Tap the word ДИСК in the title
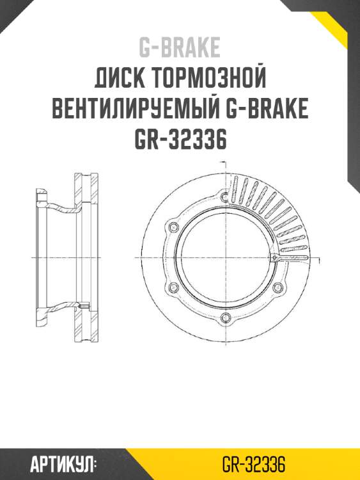click(x=118, y=79)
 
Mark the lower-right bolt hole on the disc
click(x=278, y=287)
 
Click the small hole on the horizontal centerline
click(x=274, y=257)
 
